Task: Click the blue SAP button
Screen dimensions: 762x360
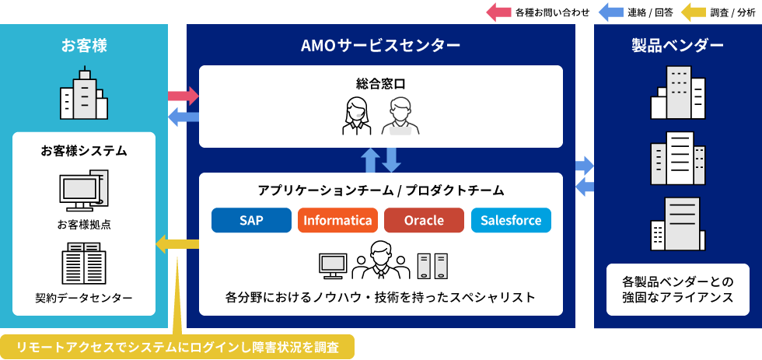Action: coord(251,220)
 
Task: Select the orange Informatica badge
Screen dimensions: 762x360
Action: coord(337,220)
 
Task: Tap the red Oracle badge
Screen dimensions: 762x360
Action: coord(424,220)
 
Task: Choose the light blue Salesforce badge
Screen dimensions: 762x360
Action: coord(511,220)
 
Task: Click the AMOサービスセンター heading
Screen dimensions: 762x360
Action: coord(380,46)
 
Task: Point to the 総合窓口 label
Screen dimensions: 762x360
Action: coord(380,83)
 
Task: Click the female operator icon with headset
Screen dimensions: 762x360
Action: coord(357,116)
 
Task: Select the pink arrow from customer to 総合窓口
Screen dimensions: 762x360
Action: coord(184,95)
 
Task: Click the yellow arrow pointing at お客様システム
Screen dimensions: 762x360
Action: coord(177,243)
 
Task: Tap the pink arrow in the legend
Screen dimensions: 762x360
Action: coord(498,12)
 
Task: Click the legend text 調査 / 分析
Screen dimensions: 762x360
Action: coord(732,13)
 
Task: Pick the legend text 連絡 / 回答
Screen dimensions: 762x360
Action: coord(650,13)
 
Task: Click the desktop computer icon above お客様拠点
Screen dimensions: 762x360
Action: coord(84,190)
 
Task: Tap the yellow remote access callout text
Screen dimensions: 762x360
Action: coord(177,348)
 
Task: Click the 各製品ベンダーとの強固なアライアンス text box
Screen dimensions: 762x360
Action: coord(678,289)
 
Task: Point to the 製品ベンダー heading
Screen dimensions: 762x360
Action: coord(677,46)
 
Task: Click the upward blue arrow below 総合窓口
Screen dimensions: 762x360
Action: coord(371,160)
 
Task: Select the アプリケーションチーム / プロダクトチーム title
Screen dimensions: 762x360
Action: coord(381,190)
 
